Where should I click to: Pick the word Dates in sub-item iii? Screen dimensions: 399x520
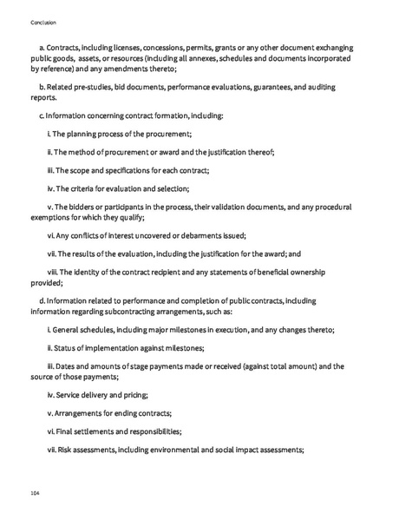(72, 366)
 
